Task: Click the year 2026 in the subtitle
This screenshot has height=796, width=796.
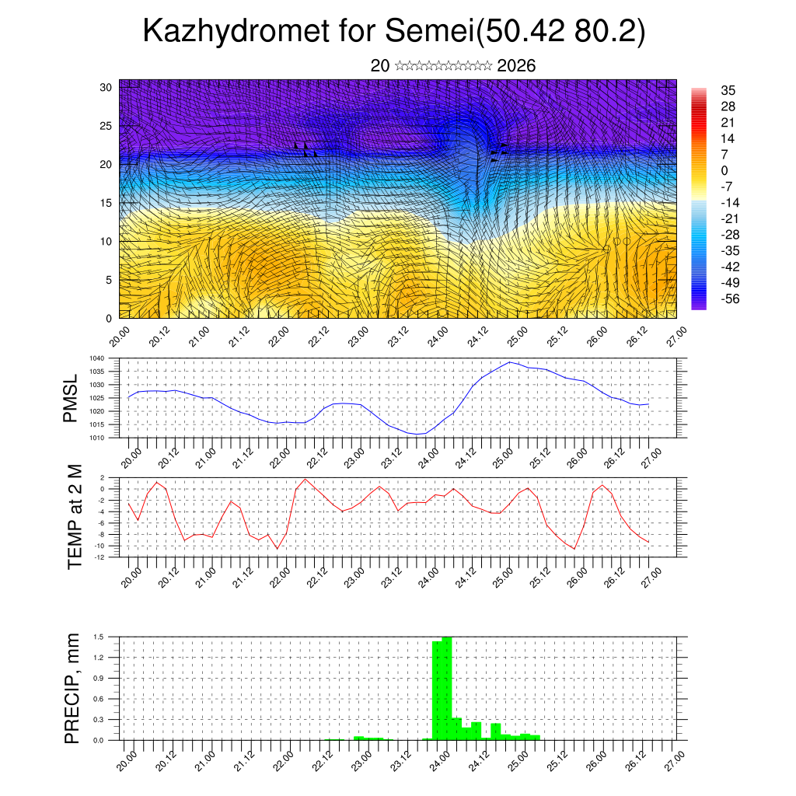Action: point(516,66)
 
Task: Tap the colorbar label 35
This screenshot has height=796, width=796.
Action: point(728,91)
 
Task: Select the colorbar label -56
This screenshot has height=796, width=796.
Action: point(729,298)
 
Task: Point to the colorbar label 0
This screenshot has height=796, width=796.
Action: point(725,170)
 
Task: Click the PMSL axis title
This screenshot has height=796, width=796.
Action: point(72,398)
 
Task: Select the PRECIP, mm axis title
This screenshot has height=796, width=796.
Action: point(72,687)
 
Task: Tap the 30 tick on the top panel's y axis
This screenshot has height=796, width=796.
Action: point(106,87)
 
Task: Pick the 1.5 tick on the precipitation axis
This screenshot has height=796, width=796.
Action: point(99,637)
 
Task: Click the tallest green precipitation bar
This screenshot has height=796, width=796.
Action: point(447,688)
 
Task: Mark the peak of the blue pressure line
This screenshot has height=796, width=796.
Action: point(510,362)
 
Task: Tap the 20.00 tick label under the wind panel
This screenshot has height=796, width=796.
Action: point(118,337)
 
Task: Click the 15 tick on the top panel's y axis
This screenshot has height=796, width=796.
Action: point(106,203)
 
